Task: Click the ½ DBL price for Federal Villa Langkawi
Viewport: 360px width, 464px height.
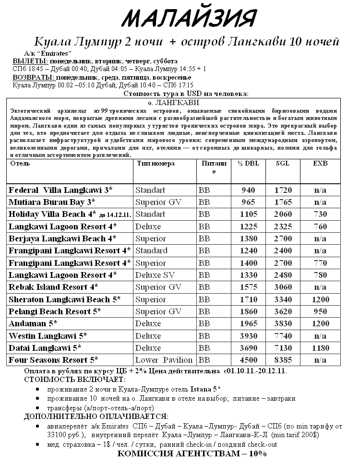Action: pyautogui.click(x=248, y=190)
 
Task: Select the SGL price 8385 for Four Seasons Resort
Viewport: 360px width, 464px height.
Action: pyautogui.click(x=283, y=360)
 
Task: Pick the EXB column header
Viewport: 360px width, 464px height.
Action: pyautogui.click(x=320, y=164)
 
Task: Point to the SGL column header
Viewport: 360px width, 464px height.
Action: pyautogui.click(x=283, y=164)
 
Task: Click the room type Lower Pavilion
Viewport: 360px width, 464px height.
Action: pyautogui.click(x=164, y=360)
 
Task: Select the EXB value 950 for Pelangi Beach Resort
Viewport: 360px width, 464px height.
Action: pyautogui.click(x=320, y=311)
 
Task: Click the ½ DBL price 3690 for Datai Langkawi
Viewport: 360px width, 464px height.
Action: pyautogui.click(x=248, y=348)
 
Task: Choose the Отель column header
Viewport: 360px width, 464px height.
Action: pyautogui.click(x=20, y=164)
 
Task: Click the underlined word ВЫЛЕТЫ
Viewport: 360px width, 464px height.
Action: pyautogui.click(x=30, y=61)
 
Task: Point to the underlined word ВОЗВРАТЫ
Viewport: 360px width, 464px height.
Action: pyautogui.click(x=33, y=77)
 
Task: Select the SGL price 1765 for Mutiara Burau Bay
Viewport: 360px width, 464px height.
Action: pyautogui.click(x=283, y=202)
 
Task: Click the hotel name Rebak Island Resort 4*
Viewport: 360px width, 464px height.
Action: pyautogui.click(x=53, y=287)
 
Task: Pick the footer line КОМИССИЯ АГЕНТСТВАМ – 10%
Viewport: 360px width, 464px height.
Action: pyautogui.click(x=192, y=454)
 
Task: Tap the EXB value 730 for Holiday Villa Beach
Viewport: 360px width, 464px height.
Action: pyautogui.click(x=320, y=214)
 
